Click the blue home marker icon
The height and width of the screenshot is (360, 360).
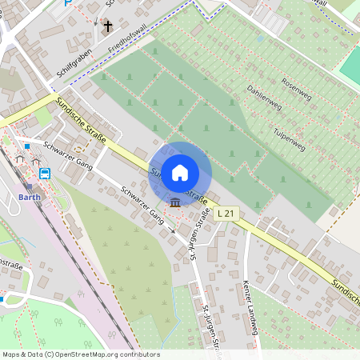pyautogui.click(x=180, y=172)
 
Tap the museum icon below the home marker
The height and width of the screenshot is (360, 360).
pyautogui.click(x=174, y=200)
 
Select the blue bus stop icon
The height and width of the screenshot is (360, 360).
pyautogui.click(x=45, y=173)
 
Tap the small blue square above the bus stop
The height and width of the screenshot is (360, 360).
pyautogui.click(x=27, y=146)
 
